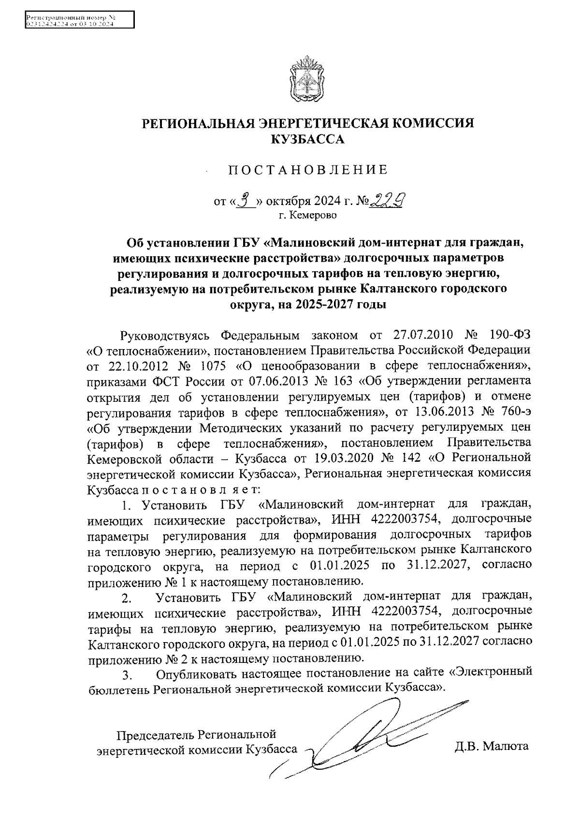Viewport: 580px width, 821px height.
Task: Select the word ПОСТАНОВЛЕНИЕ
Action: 308,170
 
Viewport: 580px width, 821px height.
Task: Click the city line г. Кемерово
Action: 307,214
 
